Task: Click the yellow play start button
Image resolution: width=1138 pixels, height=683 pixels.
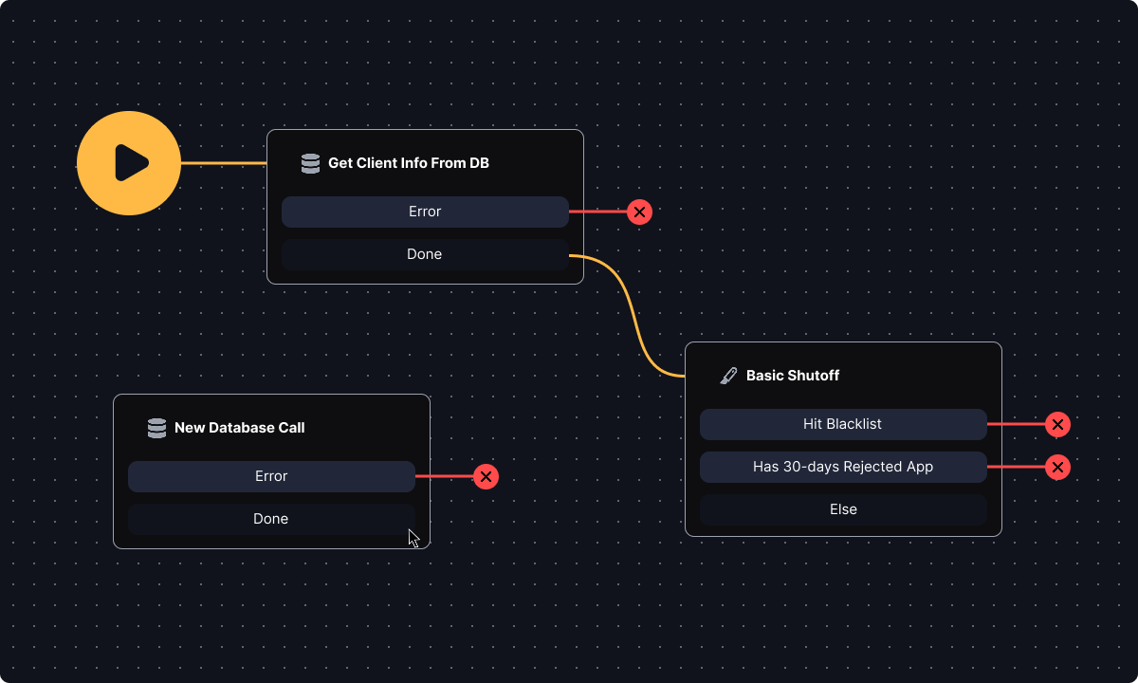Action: point(129,163)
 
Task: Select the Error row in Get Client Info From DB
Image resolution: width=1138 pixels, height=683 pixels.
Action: point(425,212)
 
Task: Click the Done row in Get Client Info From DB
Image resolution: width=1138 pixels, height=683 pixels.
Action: point(425,254)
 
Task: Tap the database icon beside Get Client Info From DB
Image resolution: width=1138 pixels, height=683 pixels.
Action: point(310,163)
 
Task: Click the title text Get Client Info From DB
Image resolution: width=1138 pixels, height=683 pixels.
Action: point(408,163)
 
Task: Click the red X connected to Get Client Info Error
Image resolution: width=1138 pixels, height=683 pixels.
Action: point(639,212)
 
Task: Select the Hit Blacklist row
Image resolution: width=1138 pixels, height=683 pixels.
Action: point(843,424)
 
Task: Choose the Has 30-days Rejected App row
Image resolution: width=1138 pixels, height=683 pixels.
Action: point(843,467)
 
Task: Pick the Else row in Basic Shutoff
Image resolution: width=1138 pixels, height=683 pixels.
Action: point(843,509)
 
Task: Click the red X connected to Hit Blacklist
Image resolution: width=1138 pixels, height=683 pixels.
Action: point(1057,424)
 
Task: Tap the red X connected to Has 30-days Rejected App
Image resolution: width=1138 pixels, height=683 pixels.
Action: point(1057,467)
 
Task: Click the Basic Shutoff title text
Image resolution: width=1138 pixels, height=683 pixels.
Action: point(792,376)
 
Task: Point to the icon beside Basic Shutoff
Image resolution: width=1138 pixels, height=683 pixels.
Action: point(728,376)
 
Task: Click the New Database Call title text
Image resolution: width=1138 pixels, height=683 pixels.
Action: point(239,428)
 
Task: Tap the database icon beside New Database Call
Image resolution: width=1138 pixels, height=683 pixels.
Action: point(156,428)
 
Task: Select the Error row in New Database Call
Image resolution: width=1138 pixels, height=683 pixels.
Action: point(271,476)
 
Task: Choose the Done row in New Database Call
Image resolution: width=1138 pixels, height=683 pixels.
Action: point(271,519)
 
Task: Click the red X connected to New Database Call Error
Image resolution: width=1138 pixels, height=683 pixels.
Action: point(486,476)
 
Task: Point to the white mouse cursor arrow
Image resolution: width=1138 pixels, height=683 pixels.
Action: point(413,538)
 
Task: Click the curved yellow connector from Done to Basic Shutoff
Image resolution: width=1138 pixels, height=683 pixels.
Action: point(632,313)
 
